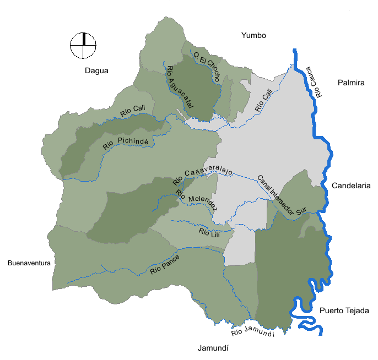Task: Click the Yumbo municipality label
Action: click(253, 36)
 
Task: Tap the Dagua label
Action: click(97, 70)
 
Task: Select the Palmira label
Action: click(350, 83)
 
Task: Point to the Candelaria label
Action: click(351, 186)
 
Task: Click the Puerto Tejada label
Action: click(344, 310)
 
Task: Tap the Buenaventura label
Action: click(29, 263)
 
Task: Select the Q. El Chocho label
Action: click(207, 66)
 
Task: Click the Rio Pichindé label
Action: click(126, 144)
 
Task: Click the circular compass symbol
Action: click(83, 45)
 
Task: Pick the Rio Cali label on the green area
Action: click(132, 110)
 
